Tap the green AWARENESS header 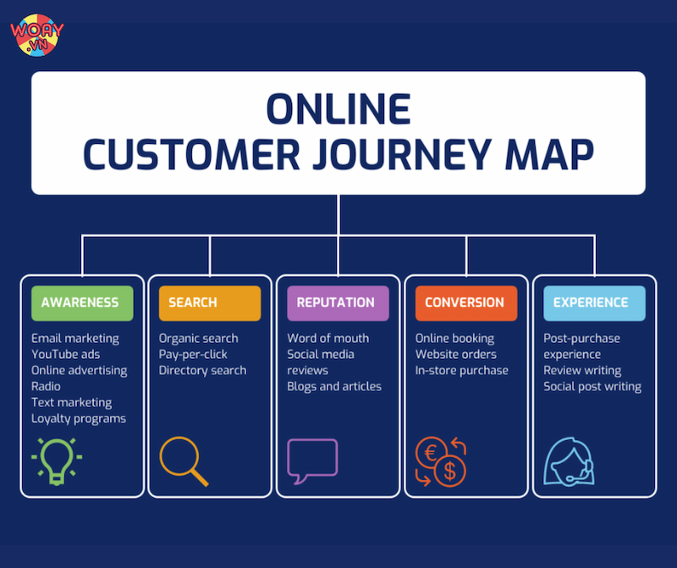(x=82, y=303)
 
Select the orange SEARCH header (x=210, y=303)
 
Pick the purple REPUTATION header (x=338, y=303)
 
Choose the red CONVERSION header (x=465, y=303)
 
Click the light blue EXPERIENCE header (x=594, y=303)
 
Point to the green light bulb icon (x=57, y=460)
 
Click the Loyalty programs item (x=79, y=419)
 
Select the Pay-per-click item (x=193, y=355)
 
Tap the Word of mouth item (x=327, y=339)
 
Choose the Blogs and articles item (x=334, y=387)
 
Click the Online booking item (x=454, y=339)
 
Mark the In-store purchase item (x=461, y=371)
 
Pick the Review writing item (x=582, y=371)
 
